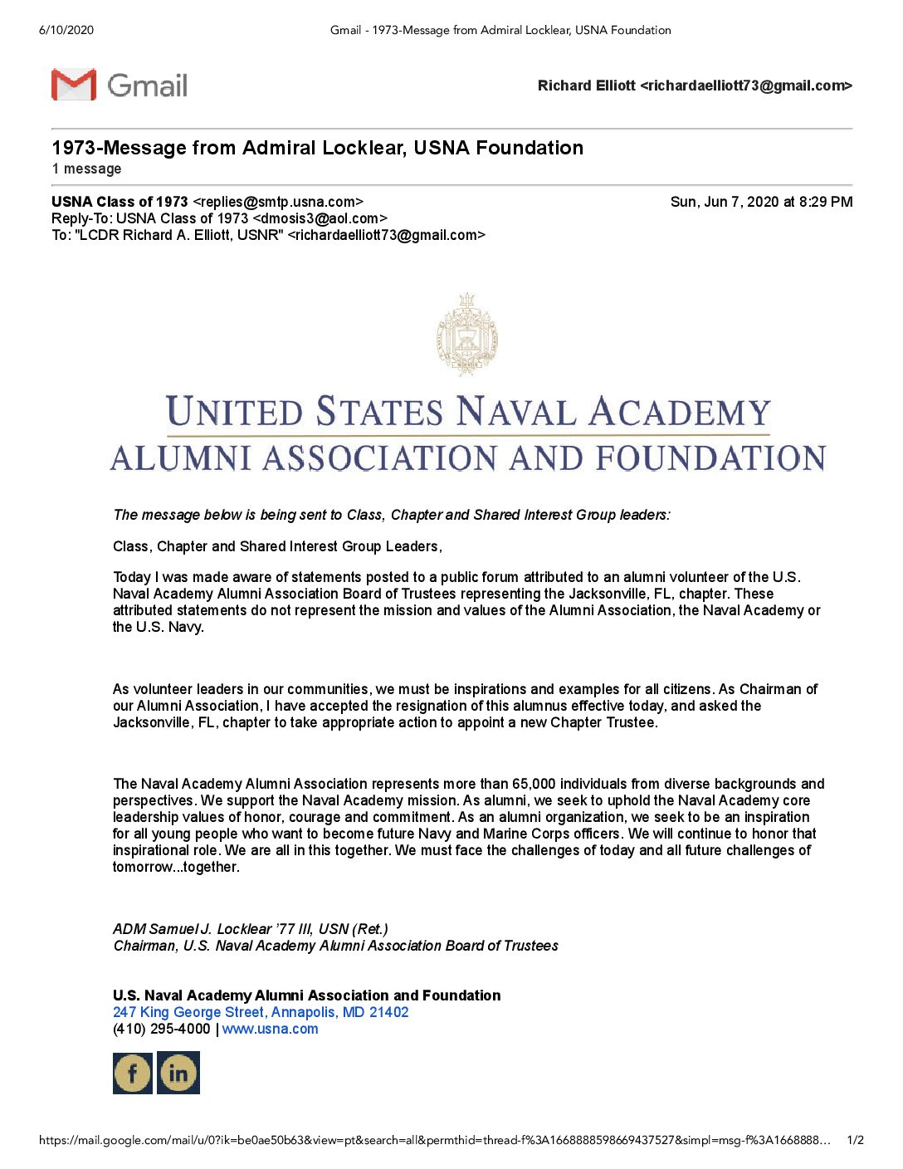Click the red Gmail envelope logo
tap(74, 85)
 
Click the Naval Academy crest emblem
tap(467, 335)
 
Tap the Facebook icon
tap(133, 1073)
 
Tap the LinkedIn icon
tap(178, 1073)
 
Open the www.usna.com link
tap(270, 1029)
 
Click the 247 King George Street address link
tap(261, 1012)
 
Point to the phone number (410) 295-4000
tap(162, 1029)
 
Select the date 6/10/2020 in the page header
tap(66, 30)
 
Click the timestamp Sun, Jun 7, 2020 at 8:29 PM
tap(761, 202)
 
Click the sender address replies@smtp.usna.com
tap(278, 202)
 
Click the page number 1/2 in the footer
tap(855, 1140)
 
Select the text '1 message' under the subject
tap(86, 169)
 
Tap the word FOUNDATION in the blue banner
tap(710, 458)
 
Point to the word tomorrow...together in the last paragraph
tap(176, 867)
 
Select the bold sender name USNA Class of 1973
tap(120, 202)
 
